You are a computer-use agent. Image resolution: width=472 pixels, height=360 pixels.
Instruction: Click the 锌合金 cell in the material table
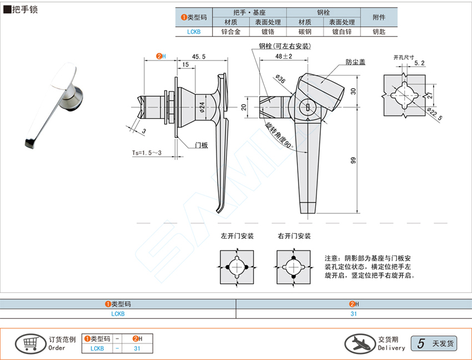(230, 32)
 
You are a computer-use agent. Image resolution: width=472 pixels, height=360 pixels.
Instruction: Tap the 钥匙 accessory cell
(379, 32)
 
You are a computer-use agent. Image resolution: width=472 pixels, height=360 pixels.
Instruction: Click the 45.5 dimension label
(199, 57)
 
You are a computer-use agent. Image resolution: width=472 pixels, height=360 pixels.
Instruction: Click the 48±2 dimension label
(284, 57)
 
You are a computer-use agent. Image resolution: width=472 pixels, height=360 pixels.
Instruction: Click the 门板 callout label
(201, 145)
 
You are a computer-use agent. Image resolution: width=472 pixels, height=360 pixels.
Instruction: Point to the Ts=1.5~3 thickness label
(147, 153)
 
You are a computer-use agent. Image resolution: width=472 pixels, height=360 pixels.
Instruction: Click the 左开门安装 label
(237, 236)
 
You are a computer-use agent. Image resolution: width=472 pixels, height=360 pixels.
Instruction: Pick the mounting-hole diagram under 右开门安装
(293, 267)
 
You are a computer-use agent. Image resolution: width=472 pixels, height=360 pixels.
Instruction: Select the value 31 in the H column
(354, 314)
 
